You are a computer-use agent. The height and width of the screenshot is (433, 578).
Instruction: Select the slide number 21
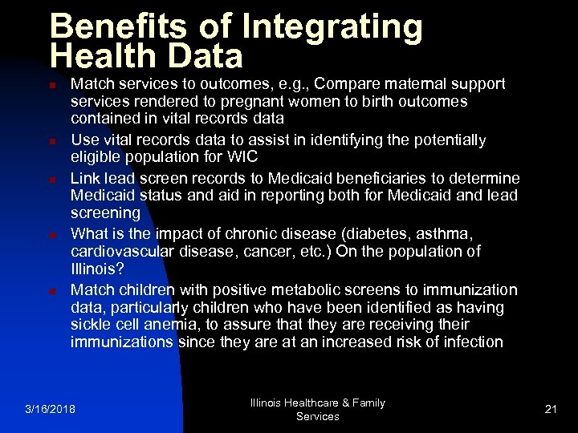551,410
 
